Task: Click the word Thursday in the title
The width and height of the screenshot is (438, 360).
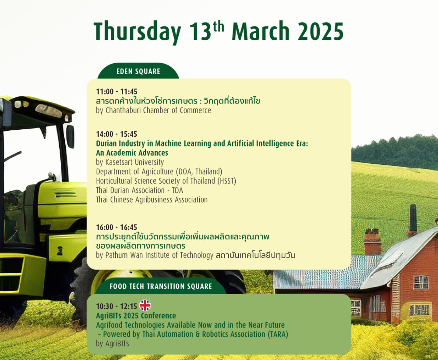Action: (x=137, y=31)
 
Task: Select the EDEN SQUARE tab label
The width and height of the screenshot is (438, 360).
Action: (x=138, y=71)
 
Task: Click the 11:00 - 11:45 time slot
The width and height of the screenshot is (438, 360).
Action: (x=117, y=92)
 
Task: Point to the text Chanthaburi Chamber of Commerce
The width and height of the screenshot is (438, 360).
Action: (x=159, y=110)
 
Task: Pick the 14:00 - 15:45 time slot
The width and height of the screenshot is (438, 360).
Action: (x=117, y=134)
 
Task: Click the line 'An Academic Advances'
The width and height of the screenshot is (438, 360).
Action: (x=132, y=153)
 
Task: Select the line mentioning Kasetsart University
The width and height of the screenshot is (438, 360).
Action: (x=130, y=162)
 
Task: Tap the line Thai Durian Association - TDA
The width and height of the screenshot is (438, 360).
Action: (x=139, y=190)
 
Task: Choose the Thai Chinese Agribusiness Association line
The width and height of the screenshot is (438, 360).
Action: (x=152, y=200)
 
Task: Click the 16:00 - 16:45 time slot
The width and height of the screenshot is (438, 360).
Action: (x=117, y=227)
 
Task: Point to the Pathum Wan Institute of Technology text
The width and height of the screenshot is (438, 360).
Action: (x=159, y=255)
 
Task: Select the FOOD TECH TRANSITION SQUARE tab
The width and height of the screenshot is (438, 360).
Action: (x=161, y=286)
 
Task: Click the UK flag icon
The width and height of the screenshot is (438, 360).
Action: (x=145, y=305)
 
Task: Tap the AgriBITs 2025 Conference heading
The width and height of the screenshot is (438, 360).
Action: (x=136, y=316)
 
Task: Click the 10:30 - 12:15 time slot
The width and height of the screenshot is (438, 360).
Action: (x=117, y=306)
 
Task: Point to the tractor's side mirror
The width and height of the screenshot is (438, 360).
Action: (x=70, y=136)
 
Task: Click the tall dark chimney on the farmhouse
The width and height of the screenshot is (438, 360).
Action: (x=413, y=220)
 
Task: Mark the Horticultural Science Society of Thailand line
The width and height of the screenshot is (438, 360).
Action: (x=166, y=181)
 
